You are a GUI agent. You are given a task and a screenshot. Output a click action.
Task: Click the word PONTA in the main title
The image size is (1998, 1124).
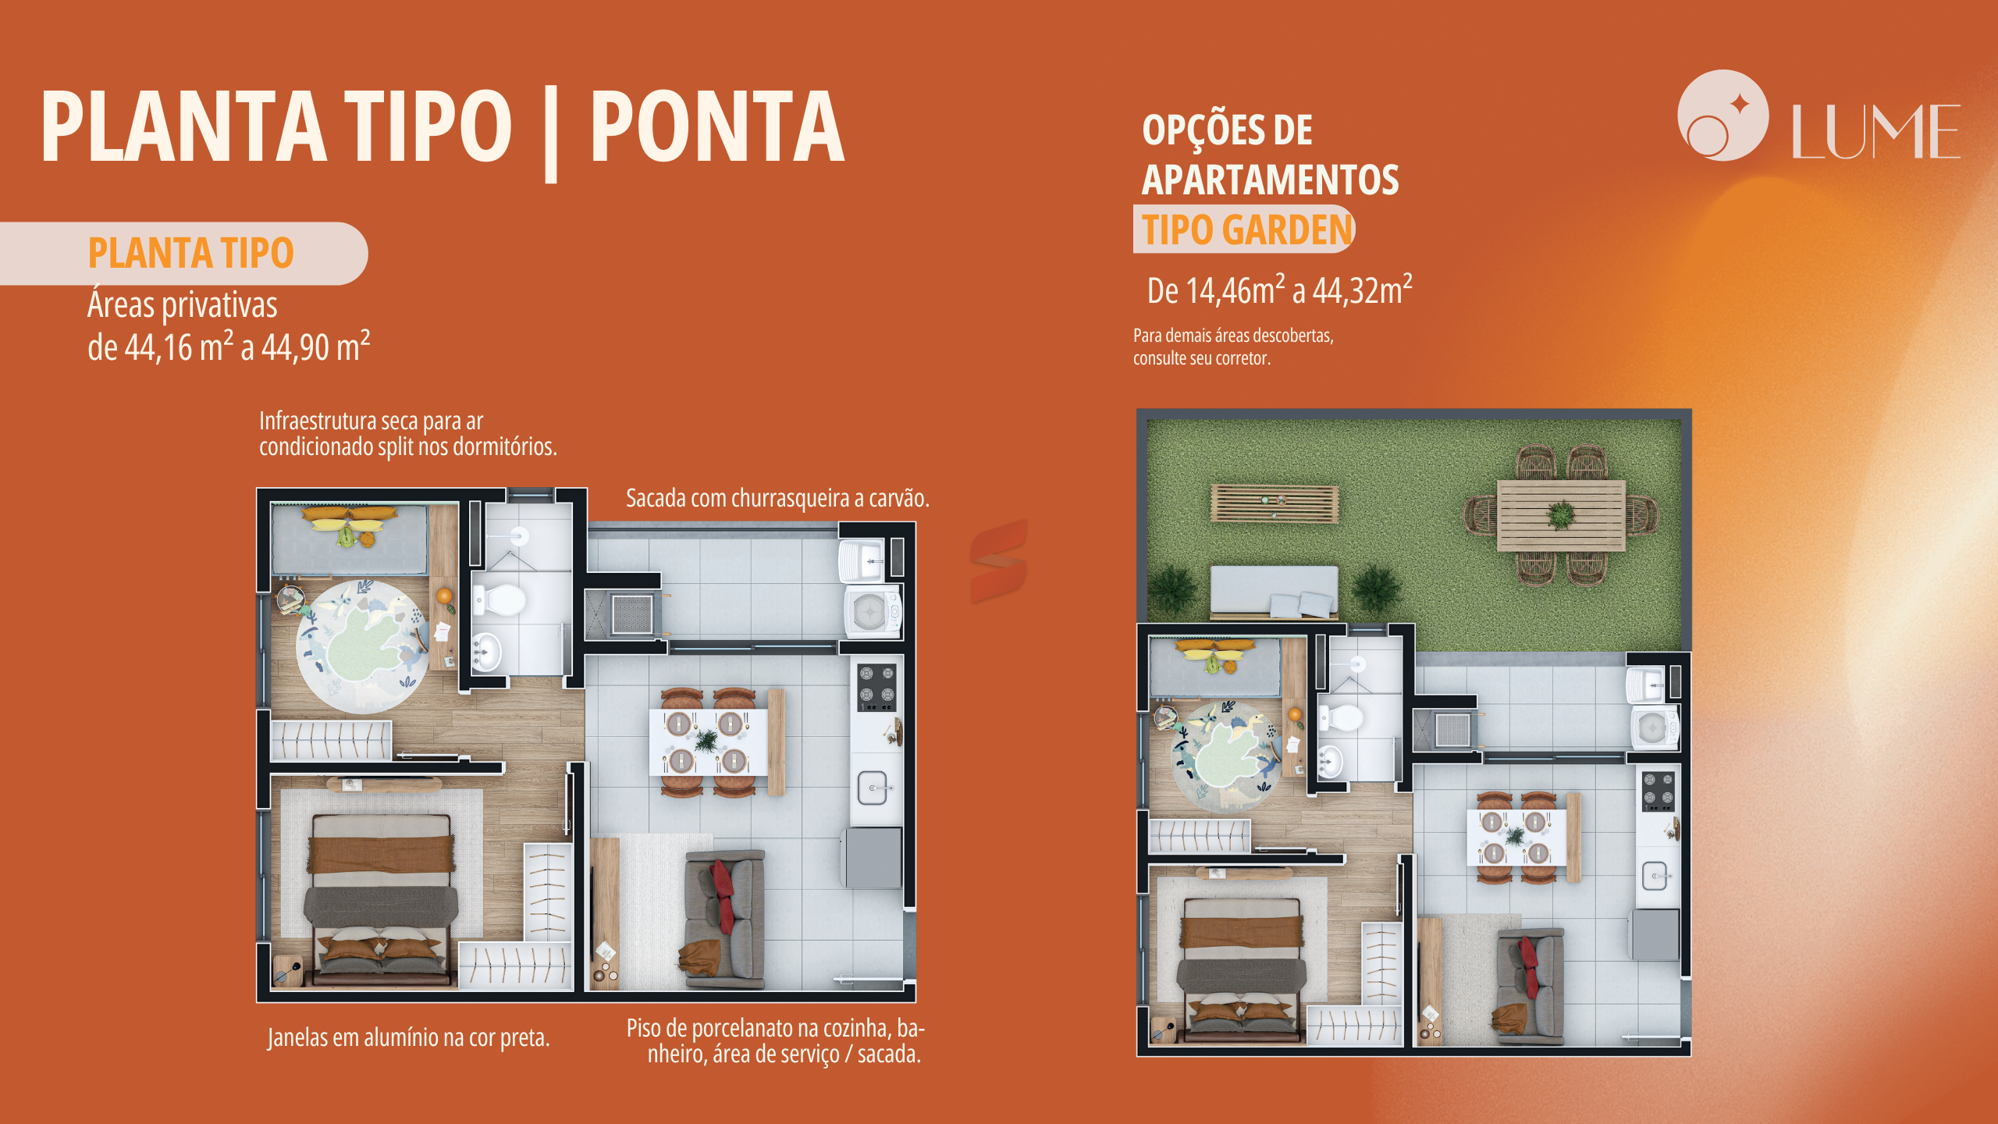[717, 126]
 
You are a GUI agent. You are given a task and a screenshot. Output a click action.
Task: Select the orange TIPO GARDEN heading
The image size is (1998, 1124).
[1247, 229]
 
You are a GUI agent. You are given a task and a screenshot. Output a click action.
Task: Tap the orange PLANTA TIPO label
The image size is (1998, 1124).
[190, 253]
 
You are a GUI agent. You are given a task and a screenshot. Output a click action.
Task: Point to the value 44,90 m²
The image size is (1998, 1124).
[315, 347]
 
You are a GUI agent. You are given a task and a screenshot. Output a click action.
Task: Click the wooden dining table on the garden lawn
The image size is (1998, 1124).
[1561, 515]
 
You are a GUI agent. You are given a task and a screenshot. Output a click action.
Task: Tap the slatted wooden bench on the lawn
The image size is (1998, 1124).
[1275, 503]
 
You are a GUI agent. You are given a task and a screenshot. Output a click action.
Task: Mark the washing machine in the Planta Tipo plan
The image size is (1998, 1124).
[872, 612]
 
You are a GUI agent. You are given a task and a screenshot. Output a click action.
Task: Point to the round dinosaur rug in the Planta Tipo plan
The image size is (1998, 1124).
[362, 646]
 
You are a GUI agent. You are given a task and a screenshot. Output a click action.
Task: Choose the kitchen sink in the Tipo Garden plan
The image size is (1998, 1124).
[1654, 876]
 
